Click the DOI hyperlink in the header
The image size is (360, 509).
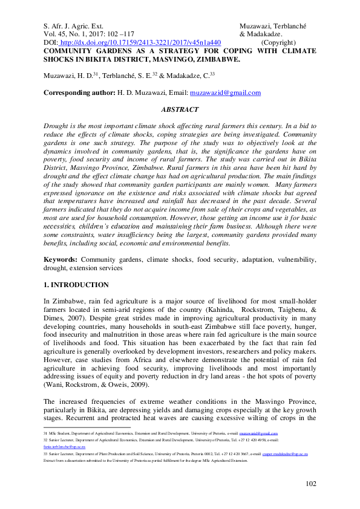click(x=140, y=43)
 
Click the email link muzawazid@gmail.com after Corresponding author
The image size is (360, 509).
click(x=225, y=93)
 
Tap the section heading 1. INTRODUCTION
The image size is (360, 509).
click(x=76, y=285)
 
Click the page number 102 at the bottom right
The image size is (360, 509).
click(x=310, y=484)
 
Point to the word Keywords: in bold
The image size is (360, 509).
click(x=61, y=259)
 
